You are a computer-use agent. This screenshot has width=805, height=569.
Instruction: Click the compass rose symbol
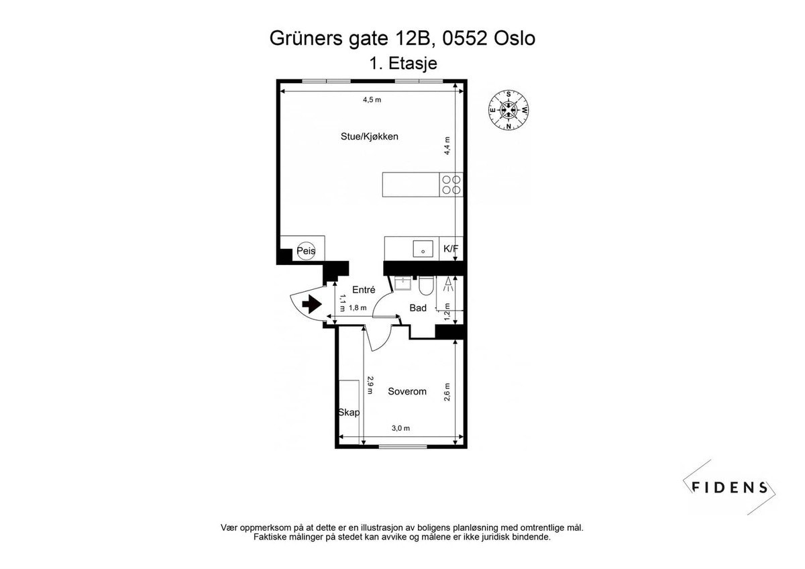pos(508,110)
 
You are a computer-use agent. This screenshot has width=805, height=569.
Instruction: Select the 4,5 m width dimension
pos(372,100)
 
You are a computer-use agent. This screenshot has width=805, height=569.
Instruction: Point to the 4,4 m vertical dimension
pos(447,146)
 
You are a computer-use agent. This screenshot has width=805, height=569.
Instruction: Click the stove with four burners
pos(451,185)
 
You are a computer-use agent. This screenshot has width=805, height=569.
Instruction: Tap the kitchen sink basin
pos(423,248)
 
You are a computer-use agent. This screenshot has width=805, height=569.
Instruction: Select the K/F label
pos(451,249)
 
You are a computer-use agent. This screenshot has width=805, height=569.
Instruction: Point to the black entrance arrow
pos(311,304)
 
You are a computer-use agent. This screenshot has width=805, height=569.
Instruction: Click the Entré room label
pos(363,290)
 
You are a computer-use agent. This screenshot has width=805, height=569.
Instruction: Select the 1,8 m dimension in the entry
pos(358,308)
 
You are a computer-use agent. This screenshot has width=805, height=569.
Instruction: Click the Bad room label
pos(418,309)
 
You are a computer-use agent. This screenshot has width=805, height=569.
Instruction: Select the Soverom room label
pos(407,392)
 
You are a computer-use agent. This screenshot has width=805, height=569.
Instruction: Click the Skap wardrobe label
pos(348,413)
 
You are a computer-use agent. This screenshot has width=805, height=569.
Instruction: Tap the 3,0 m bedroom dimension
pos(400,429)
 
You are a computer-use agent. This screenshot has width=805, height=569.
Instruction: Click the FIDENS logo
pos(730,487)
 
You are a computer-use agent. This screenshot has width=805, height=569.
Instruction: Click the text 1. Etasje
pos(402,63)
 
